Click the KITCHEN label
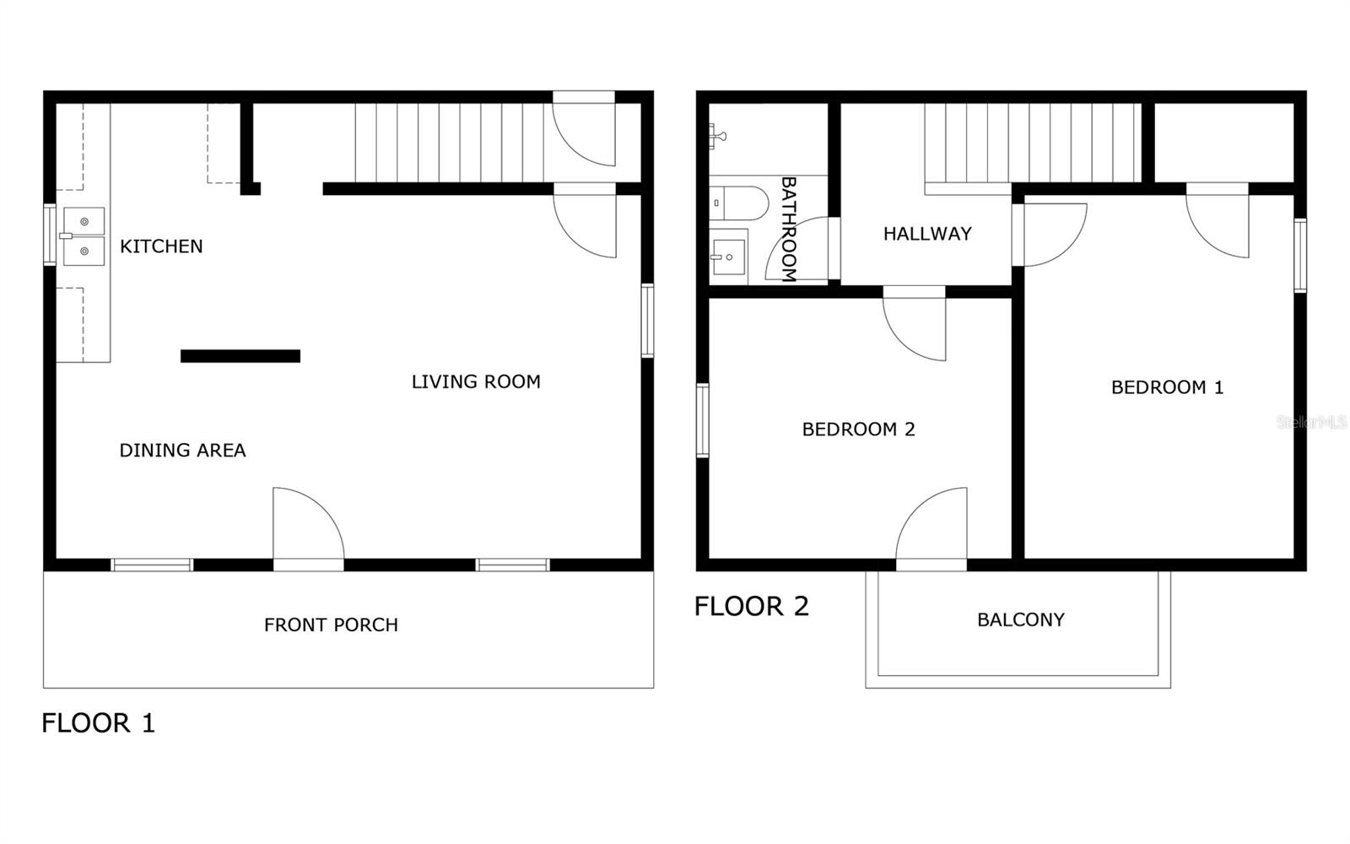161,246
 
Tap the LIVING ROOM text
476,381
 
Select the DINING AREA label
182,451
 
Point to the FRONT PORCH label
331,625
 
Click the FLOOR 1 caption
99,723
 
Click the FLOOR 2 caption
751,606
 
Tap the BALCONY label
1020,619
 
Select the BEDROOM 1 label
1167,387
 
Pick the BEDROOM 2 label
858,430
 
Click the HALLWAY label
927,234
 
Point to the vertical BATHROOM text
789,229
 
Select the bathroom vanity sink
727,252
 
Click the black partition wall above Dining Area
240,356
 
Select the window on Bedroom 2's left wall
702,420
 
